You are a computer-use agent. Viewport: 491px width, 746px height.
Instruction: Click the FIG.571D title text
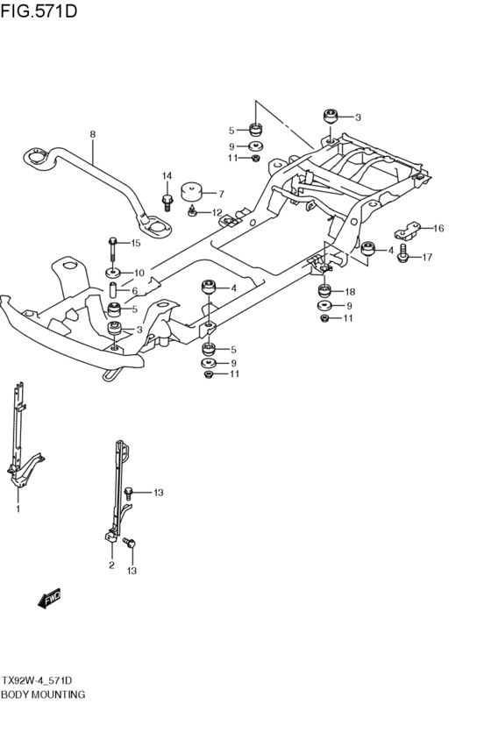39,11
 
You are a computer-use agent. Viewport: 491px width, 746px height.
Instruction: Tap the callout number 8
93,134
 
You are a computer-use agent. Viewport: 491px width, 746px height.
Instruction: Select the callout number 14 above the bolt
167,176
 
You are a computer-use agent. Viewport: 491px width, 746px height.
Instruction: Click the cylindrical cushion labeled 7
192,191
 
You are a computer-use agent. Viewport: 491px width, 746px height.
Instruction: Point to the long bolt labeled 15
113,250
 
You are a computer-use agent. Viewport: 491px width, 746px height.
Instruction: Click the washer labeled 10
113,274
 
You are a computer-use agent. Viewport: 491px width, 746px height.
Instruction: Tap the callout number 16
438,229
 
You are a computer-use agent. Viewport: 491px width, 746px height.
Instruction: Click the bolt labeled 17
403,254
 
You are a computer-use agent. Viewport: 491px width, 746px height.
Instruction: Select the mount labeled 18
324,290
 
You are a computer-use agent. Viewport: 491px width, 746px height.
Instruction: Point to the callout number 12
217,212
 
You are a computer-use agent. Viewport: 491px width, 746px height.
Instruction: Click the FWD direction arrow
49,599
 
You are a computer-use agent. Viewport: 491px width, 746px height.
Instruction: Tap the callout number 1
18,509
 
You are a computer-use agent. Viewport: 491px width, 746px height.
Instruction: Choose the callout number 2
111,565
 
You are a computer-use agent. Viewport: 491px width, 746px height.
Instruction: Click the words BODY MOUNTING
43,694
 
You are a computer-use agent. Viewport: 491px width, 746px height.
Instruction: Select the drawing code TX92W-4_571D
37,680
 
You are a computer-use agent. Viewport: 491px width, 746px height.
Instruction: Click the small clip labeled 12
192,210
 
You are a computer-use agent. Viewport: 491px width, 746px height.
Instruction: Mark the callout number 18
350,292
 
